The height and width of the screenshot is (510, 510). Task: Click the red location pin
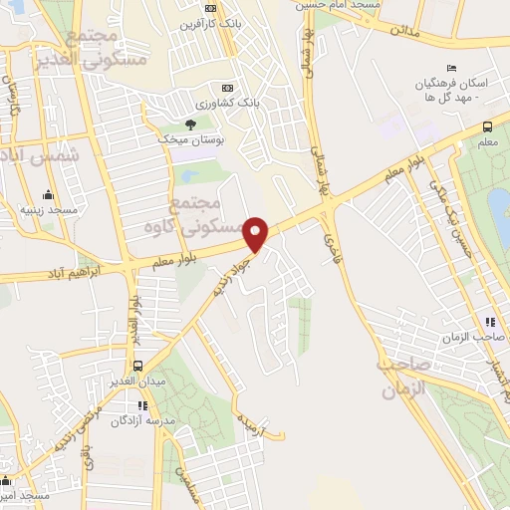258,233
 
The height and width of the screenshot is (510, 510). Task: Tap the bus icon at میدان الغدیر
137,366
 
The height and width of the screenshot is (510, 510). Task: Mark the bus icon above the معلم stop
487,127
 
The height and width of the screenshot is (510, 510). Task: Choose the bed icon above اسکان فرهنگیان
451,68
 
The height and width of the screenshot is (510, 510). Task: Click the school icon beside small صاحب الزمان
489,322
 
